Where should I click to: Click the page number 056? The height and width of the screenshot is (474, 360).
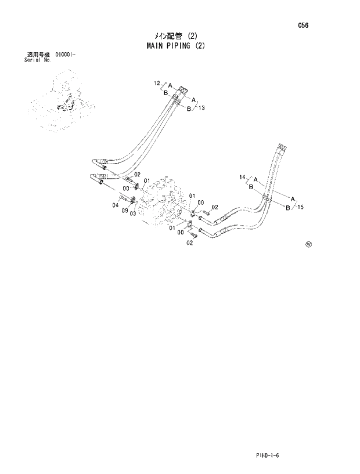point(304,26)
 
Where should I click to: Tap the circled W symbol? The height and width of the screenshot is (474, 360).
point(308,244)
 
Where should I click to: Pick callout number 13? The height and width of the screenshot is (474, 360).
point(201,108)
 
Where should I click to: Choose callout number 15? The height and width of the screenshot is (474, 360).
point(301,207)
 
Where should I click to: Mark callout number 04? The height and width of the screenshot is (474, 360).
point(115,204)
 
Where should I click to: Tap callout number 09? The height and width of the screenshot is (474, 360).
point(125,211)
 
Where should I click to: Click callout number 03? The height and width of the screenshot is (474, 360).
point(133,214)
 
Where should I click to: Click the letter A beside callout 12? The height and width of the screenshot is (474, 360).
point(171,84)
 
